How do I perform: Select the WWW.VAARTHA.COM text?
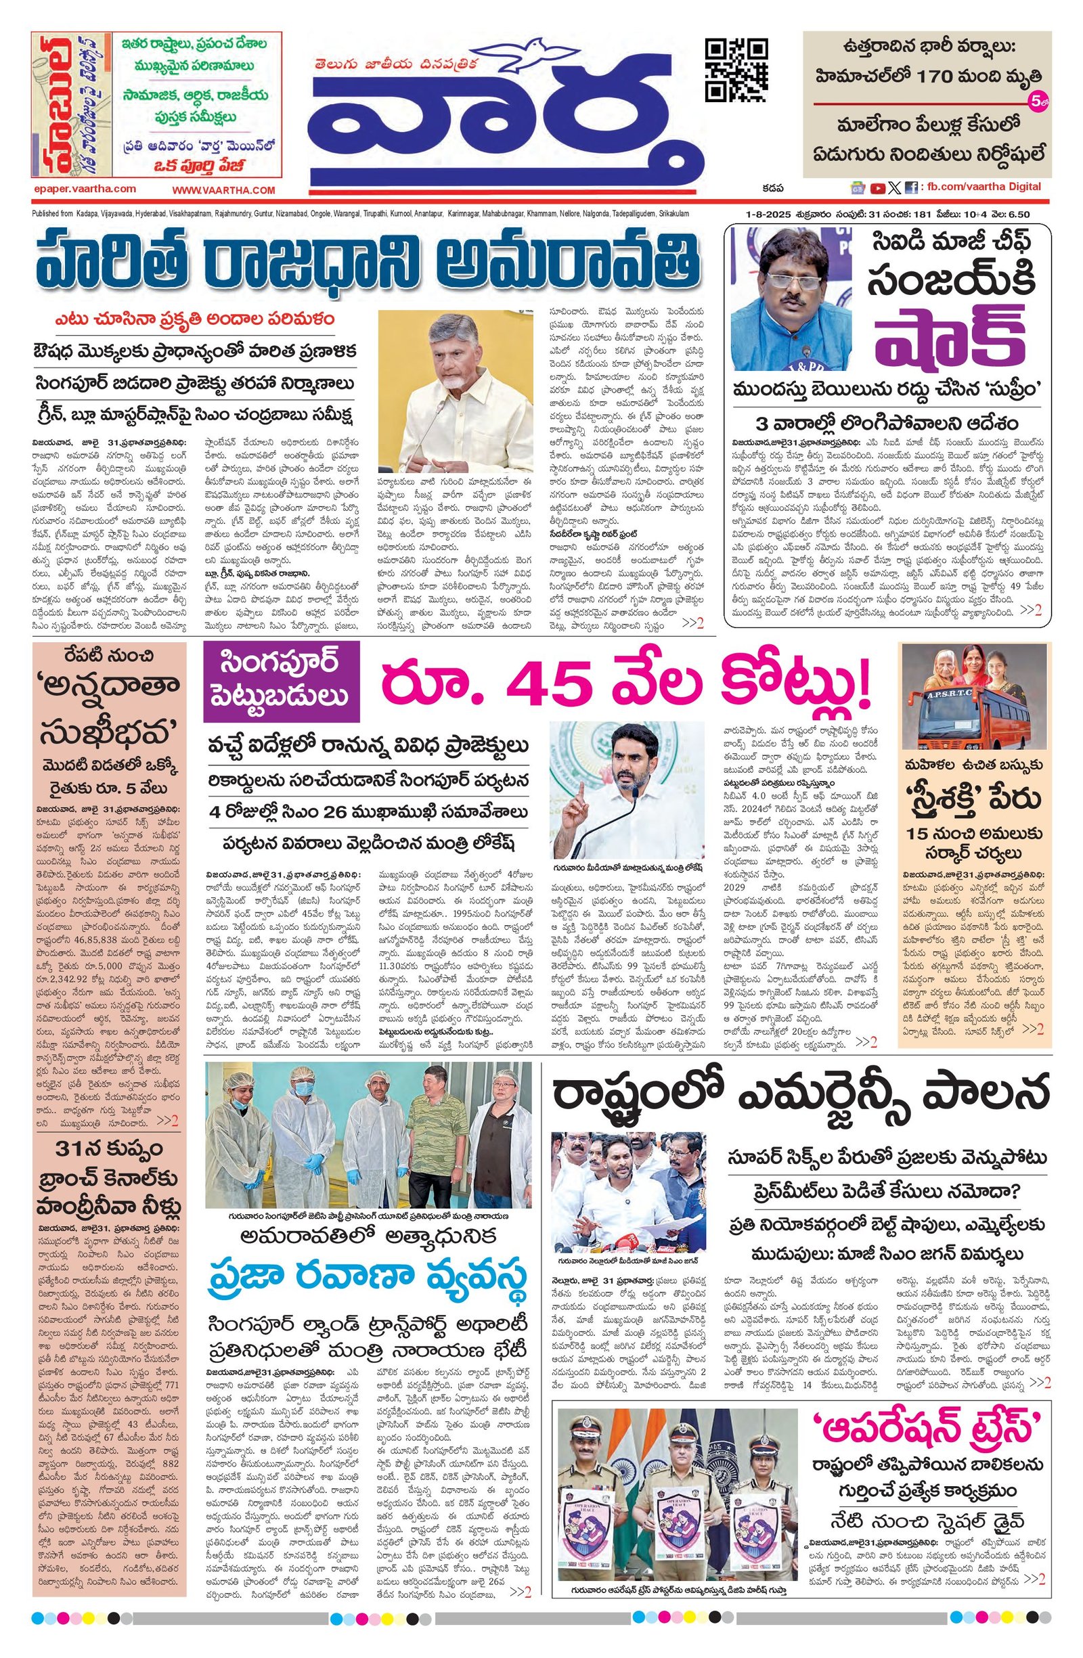point(224,190)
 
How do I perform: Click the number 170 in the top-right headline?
point(935,77)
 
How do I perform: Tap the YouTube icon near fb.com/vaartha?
point(877,187)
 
